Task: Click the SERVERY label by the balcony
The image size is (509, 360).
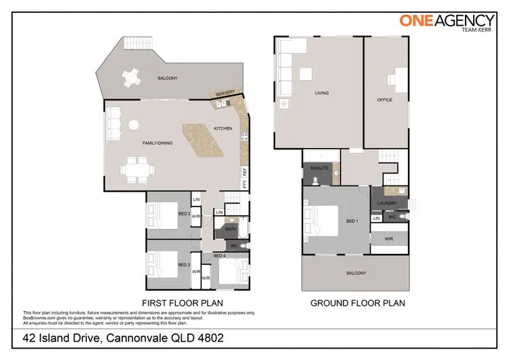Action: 225,94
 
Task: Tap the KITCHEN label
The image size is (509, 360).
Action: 223,128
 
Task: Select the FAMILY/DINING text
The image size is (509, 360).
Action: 155,143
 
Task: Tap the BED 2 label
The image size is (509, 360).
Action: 183,213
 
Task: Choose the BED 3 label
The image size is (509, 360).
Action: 183,264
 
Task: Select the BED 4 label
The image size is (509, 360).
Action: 219,255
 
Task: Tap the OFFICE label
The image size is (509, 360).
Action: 385,100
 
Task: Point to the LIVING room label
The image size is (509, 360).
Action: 322,93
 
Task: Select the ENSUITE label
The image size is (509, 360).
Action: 320,168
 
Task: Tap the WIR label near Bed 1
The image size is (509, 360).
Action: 389,238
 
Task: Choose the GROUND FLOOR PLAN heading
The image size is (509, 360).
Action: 358,303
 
